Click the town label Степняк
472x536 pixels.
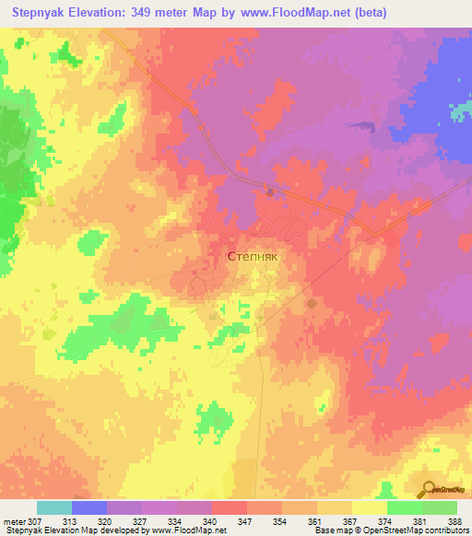click(251, 259)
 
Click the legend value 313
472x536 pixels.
click(70, 520)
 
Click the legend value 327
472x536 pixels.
click(141, 520)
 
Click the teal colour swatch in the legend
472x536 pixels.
click(54, 507)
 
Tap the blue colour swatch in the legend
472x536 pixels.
click(89, 507)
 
